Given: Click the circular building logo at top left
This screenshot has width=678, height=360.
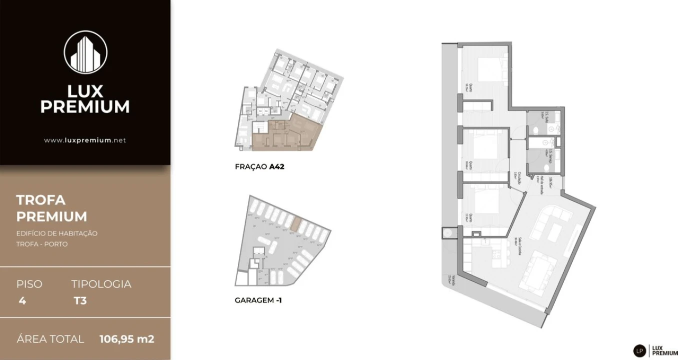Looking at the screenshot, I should point(85,52).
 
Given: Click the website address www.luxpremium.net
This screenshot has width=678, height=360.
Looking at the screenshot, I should point(85,140).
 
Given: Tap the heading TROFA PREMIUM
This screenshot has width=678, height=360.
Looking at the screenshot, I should point(51,208).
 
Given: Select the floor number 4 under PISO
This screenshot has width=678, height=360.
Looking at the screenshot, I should point(22,300).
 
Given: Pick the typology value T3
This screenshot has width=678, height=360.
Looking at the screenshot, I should point(80,300).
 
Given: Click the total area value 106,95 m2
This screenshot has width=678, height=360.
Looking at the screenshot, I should point(127,339).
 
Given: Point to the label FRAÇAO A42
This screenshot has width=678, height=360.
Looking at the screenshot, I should point(259,167).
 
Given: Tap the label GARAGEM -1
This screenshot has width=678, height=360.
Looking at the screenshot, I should point(258,300).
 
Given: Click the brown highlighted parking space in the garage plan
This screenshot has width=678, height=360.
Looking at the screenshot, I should point(296,224).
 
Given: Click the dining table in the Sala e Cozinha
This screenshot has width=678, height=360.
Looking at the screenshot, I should point(538,270).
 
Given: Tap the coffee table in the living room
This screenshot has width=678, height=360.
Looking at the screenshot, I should point(555,231).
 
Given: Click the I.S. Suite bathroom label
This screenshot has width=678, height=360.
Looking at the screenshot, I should point(548,119).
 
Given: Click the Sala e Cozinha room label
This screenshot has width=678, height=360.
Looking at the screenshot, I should point(519,245).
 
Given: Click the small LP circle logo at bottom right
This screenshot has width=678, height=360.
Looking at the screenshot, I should point(640,351).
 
